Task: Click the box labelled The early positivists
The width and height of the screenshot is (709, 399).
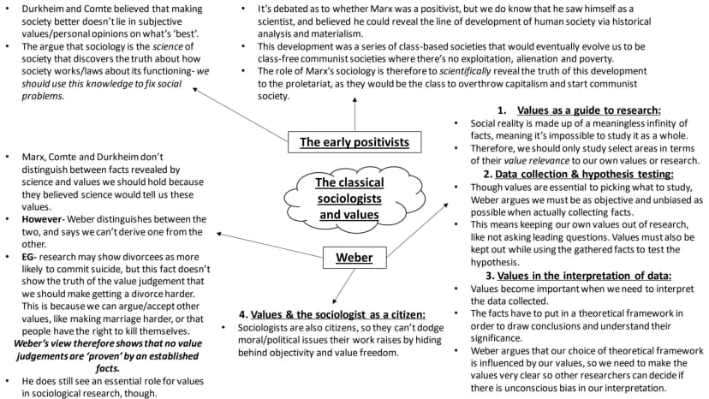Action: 354,142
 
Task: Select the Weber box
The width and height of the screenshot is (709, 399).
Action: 354,258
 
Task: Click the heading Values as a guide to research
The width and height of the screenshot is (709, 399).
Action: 589,110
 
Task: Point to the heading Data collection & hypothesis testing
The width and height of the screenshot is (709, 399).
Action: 584,174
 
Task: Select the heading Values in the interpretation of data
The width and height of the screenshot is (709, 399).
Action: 584,276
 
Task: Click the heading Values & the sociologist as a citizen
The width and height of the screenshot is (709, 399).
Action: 337,314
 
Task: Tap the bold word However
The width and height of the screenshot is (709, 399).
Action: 42,219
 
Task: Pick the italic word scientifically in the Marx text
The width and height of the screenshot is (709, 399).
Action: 465,71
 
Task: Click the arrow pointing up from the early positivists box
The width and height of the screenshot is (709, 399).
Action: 354,114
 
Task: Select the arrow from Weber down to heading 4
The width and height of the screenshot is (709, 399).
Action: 343,286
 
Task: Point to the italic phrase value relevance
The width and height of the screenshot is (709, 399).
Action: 537,161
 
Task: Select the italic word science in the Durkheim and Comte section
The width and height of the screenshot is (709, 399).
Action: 167,46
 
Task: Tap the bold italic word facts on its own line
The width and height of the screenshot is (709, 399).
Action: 108,369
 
